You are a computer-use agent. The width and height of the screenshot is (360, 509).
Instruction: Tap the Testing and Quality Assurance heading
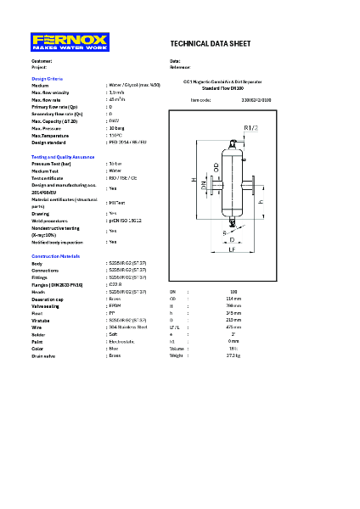pos(63,157)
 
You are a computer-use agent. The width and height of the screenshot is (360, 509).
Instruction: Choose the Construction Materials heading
pos(56,255)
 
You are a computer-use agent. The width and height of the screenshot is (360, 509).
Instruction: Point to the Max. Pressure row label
pos(48,128)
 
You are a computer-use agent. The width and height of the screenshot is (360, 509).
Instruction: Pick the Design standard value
pos(127,142)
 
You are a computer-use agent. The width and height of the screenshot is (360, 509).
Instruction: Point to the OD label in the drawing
pos(217,168)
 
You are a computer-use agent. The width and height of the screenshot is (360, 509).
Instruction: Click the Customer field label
pos(42,61)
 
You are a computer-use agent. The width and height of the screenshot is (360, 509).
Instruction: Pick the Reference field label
pos(180,67)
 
